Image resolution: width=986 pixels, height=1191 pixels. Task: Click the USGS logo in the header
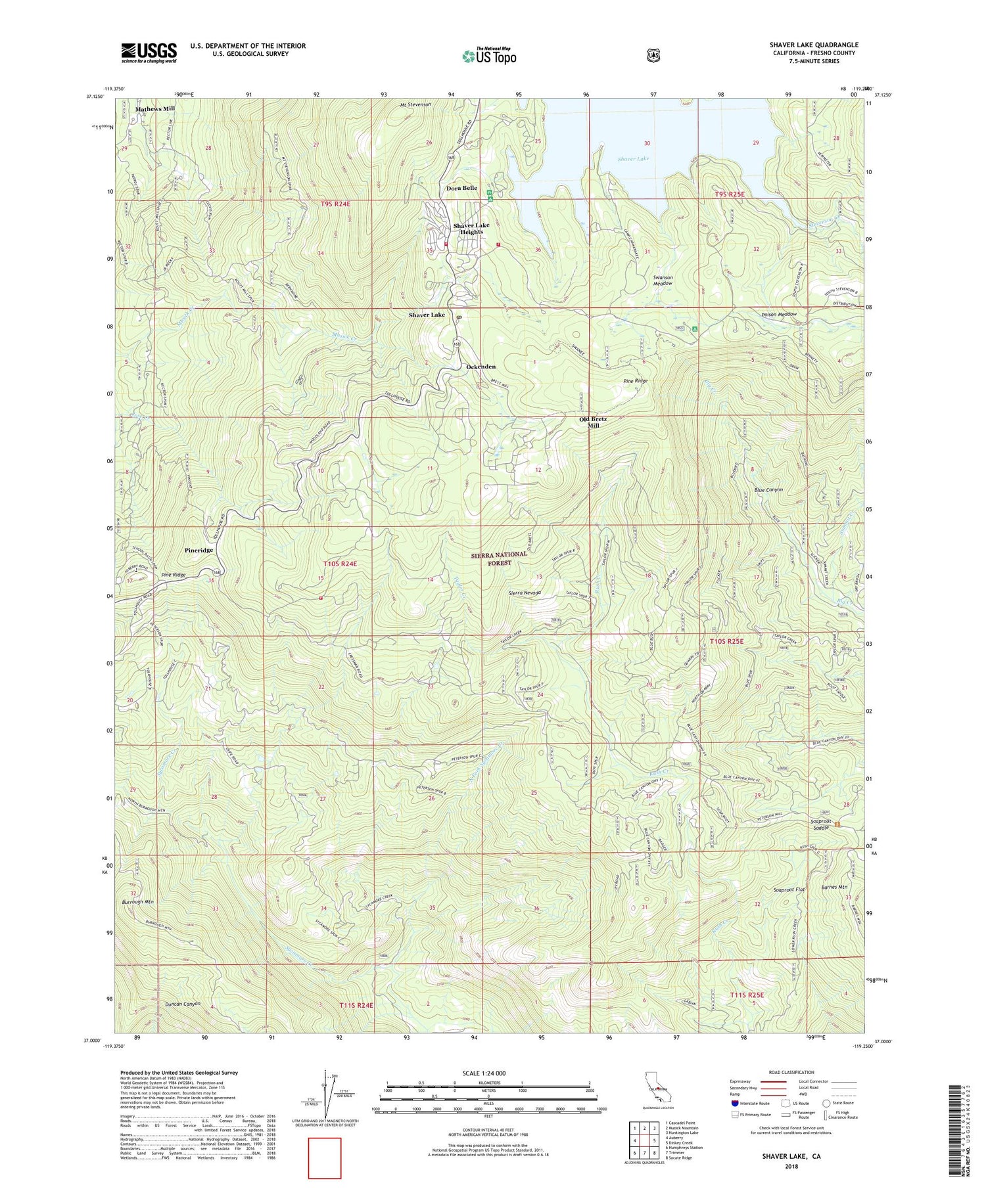point(149,53)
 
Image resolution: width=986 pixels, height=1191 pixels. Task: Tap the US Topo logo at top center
point(489,55)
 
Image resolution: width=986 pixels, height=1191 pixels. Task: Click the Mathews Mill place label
point(155,109)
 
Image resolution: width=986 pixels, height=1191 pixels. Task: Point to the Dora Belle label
point(461,188)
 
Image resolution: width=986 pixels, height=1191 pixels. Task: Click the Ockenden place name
point(471,367)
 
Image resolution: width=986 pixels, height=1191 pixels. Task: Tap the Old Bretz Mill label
point(593,422)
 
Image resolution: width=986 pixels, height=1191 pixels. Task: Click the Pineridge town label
point(199,550)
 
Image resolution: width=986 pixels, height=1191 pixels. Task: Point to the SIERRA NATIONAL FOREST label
point(499,558)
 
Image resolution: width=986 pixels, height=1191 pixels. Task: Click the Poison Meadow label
point(779,315)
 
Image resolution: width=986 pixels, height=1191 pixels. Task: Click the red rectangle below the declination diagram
point(325,1158)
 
